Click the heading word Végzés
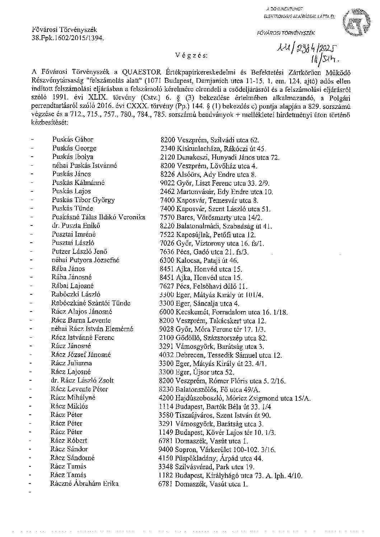tap(192, 56)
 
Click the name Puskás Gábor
tap(72, 140)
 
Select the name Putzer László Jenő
tap(79, 252)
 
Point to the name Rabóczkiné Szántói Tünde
tap(91, 303)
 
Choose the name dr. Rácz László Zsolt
tap(82, 380)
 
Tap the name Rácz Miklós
tap(69, 406)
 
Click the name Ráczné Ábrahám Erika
tap(84, 484)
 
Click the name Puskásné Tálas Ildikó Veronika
tap(99, 217)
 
